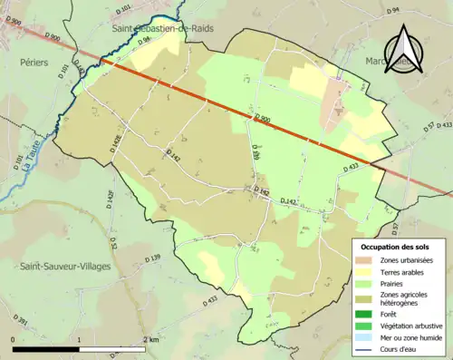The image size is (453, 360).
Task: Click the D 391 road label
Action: pyautogui.click(x=21, y=323)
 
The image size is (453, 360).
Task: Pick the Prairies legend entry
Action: pyautogui.click(x=395, y=282)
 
